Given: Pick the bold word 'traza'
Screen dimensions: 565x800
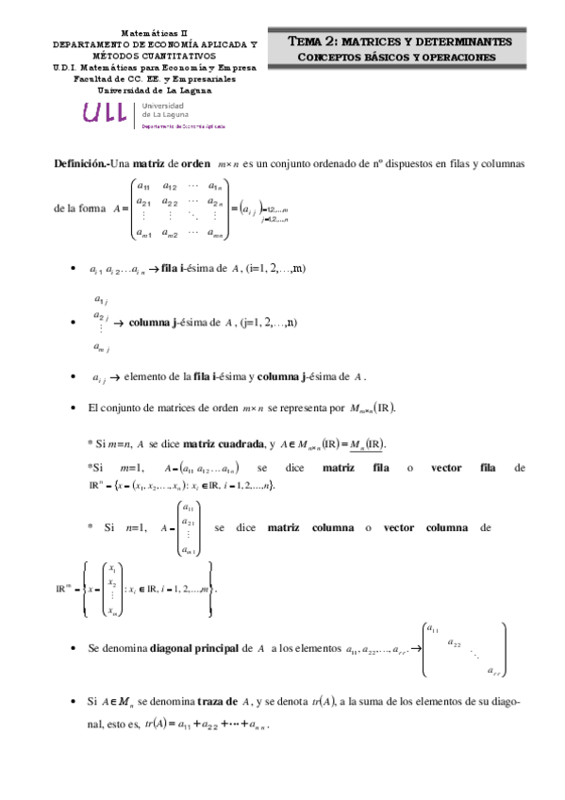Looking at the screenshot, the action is (x=216, y=700).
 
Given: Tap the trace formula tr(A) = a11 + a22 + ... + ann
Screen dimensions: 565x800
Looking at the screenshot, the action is (x=208, y=725).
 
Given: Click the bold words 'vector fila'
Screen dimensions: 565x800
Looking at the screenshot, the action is (x=461, y=468).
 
